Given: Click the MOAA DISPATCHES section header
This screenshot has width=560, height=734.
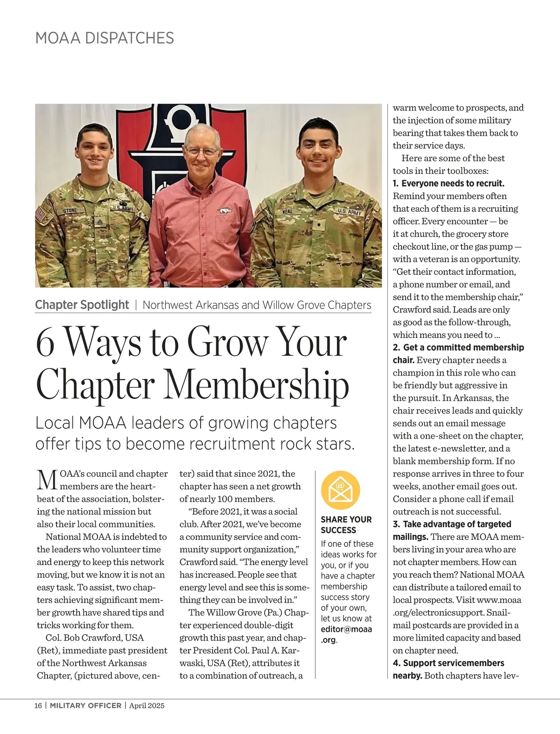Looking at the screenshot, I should [105, 38].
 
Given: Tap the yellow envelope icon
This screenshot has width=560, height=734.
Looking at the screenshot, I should [341, 490].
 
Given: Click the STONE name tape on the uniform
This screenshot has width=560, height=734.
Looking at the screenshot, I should [70, 211].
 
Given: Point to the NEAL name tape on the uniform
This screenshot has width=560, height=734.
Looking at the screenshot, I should [287, 212].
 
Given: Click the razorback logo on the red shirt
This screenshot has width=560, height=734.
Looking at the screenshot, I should [225, 211].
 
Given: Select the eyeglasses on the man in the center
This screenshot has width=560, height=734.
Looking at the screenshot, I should [201, 151].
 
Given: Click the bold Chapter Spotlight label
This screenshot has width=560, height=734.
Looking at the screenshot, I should [82, 305].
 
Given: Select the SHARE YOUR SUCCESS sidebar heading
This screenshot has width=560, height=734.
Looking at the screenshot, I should [346, 524].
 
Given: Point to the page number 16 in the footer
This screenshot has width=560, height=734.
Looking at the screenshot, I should [38, 706].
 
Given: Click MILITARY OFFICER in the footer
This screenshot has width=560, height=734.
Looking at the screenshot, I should [85, 706].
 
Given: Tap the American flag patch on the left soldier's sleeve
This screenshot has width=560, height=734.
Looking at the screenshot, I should [41, 215].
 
